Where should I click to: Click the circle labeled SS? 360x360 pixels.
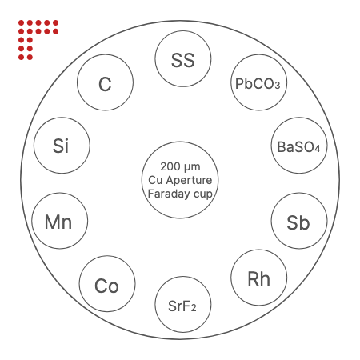(183, 58)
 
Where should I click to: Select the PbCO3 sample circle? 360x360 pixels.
(259, 82)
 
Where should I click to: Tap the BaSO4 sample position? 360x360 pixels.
(299, 146)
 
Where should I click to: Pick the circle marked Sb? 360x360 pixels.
(299, 221)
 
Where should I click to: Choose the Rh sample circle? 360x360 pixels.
(259, 278)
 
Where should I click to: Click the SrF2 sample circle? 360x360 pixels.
(183, 304)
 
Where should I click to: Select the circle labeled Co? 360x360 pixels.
(107, 284)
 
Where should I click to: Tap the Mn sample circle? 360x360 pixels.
(60, 221)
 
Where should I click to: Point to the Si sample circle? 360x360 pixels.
(62, 146)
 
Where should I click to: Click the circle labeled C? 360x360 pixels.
(105, 82)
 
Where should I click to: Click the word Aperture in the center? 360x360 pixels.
(189, 181)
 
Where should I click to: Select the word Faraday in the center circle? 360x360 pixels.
(169, 194)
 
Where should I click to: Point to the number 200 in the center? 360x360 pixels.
(170, 166)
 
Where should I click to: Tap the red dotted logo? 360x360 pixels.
(38, 40)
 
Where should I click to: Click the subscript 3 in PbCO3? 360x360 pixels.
(278, 86)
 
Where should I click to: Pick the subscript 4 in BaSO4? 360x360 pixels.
(317, 149)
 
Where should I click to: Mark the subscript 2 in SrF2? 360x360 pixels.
(194, 308)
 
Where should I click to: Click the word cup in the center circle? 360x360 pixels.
(203, 195)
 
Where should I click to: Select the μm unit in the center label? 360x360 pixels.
(192, 167)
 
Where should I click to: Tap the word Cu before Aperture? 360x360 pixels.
(155, 181)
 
